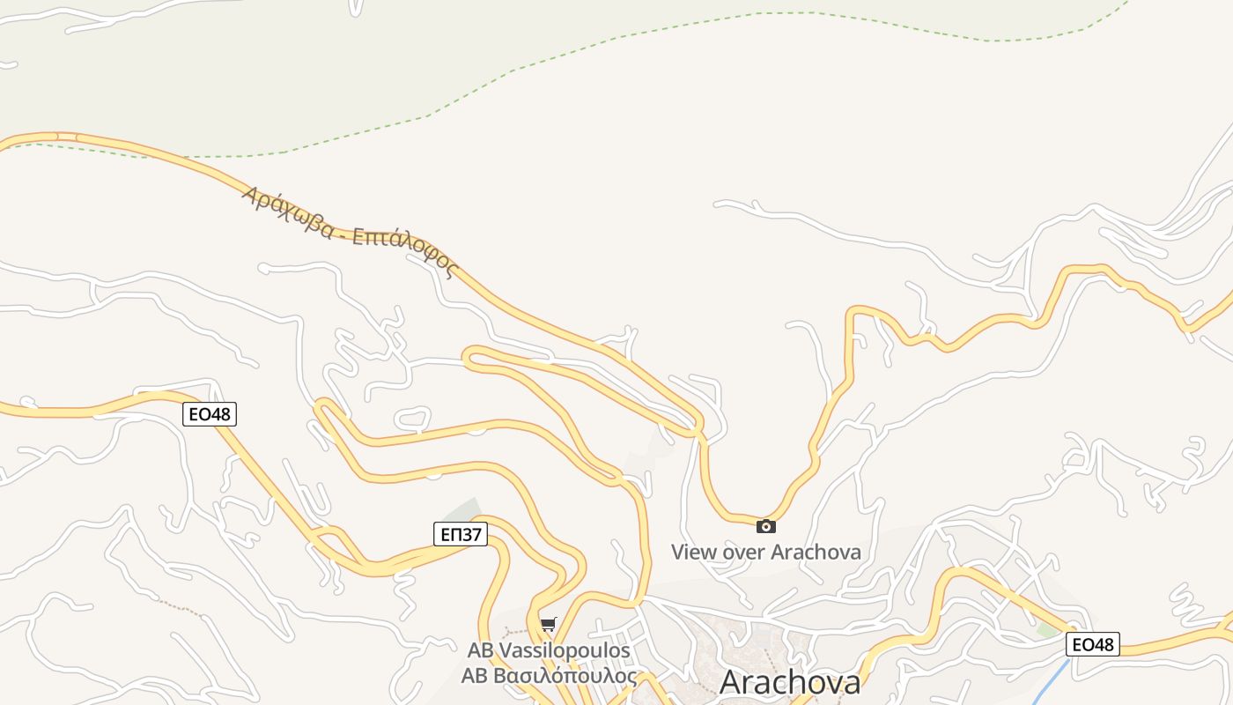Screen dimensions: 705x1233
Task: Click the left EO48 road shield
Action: pyautogui.click(x=210, y=413)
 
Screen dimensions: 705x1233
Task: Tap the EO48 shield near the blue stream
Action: pyautogui.click(x=1092, y=644)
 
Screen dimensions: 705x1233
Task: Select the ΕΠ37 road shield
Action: pyautogui.click(x=461, y=533)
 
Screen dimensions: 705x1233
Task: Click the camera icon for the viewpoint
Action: pyautogui.click(x=766, y=526)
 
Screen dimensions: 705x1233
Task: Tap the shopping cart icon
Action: pyautogui.click(x=549, y=625)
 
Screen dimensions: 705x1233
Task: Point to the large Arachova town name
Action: pyautogui.click(x=789, y=682)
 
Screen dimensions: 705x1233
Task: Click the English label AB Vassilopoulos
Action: pyautogui.click(x=549, y=650)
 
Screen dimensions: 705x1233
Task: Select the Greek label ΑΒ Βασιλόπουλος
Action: pyautogui.click(x=549, y=676)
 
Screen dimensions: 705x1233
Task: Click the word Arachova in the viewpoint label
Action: pyautogui.click(x=816, y=553)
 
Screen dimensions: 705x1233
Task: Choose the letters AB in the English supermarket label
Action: pyautogui.click(x=480, y=650)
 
